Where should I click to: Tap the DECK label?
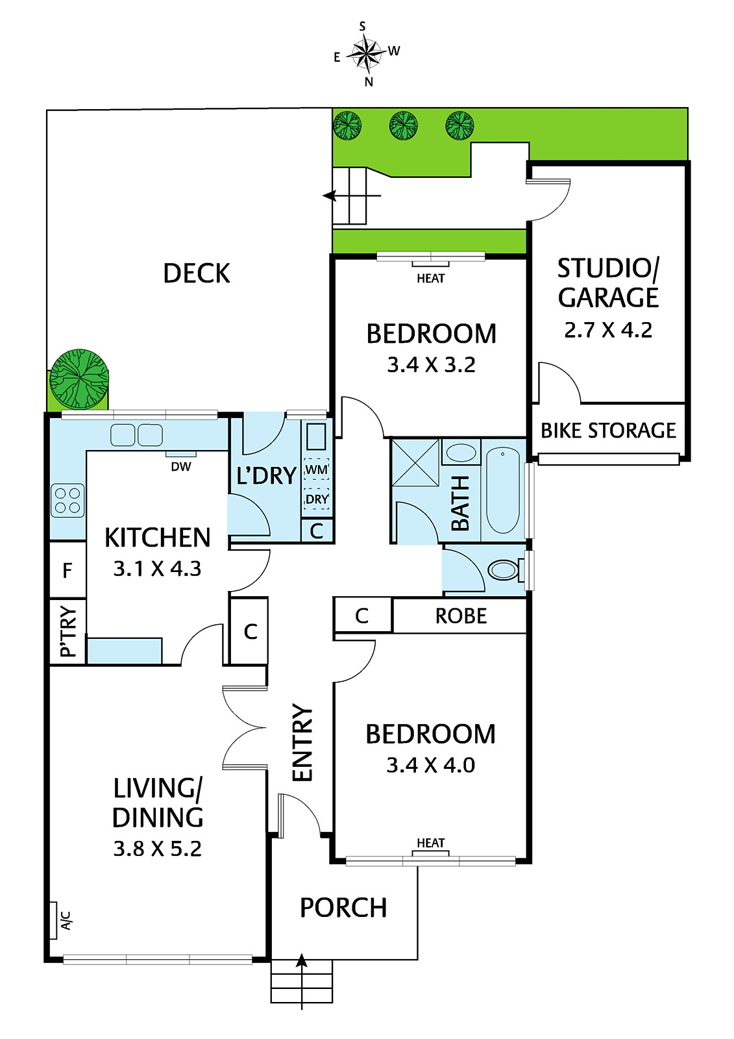tap(197, 273)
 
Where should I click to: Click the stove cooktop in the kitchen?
tap(67, 501)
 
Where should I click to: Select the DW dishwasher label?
tap(181, 467)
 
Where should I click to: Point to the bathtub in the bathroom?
tap(502, 490)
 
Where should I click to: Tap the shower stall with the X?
tap(415, 462)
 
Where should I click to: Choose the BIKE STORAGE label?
tap(608, 431)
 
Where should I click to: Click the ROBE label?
tap(461, 616)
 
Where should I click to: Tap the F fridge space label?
tap(67, 571)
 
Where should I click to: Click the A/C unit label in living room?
tap(66, 920)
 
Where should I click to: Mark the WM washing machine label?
tap(317, 470)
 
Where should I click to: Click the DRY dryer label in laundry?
tap(317, 499)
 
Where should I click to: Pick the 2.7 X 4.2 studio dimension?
tap(608, 331)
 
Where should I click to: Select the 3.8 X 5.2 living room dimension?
tap(158, 849)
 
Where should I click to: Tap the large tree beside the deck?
tap(79, 379)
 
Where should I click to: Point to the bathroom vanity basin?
tap(461, 452)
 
